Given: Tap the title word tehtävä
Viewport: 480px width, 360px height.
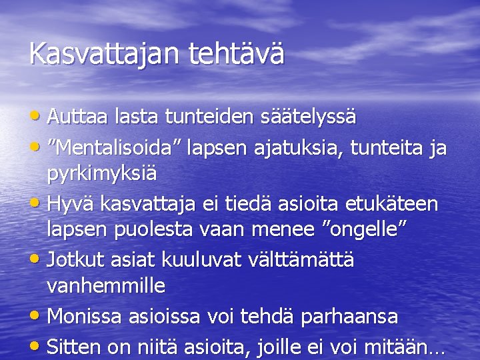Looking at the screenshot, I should click(237, 54).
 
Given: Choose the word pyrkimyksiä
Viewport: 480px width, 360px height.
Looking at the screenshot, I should click(102, 175).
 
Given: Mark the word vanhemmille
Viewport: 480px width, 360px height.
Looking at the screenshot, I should click(106, 287).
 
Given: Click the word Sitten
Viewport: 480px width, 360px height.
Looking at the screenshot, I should click(75, 347).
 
